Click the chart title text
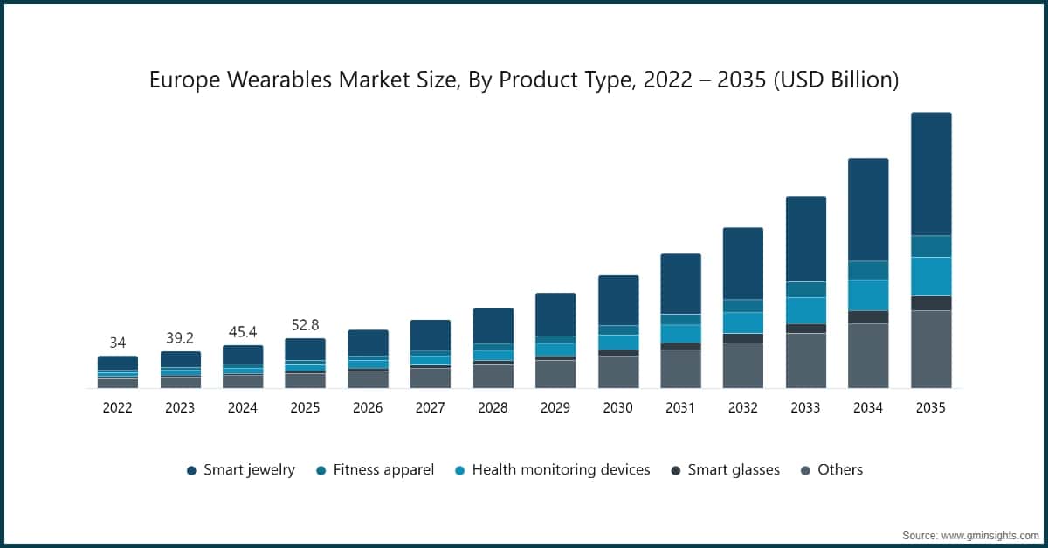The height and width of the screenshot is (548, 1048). point(524,80)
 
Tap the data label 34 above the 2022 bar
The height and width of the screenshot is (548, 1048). point(117,343)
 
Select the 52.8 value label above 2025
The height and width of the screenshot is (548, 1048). point(305,325)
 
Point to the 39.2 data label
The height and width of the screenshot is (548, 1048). point(180,338)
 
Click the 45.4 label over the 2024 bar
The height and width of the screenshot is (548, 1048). point(242,332)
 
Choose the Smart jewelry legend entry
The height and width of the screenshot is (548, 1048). point(241,470)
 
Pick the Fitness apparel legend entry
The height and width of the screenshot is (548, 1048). point(375,470)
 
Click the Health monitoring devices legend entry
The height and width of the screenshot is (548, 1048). point(553,470)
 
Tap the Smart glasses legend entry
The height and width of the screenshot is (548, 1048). point(725,470)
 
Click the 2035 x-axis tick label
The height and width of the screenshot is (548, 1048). point(930,407)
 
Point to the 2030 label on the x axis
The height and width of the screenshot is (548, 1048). point(617,407)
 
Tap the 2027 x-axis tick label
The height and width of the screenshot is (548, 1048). point(430,407)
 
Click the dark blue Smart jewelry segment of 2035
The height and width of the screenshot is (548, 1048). point(931,174)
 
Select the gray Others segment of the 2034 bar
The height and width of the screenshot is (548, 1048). point(868,356)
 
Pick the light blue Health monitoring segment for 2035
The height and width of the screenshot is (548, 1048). point(931,276)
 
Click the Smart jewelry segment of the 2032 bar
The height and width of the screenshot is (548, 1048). point(742,263)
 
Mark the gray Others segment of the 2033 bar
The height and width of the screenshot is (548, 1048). point(805,360)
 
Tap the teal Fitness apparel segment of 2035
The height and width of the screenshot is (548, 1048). point(931,246)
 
